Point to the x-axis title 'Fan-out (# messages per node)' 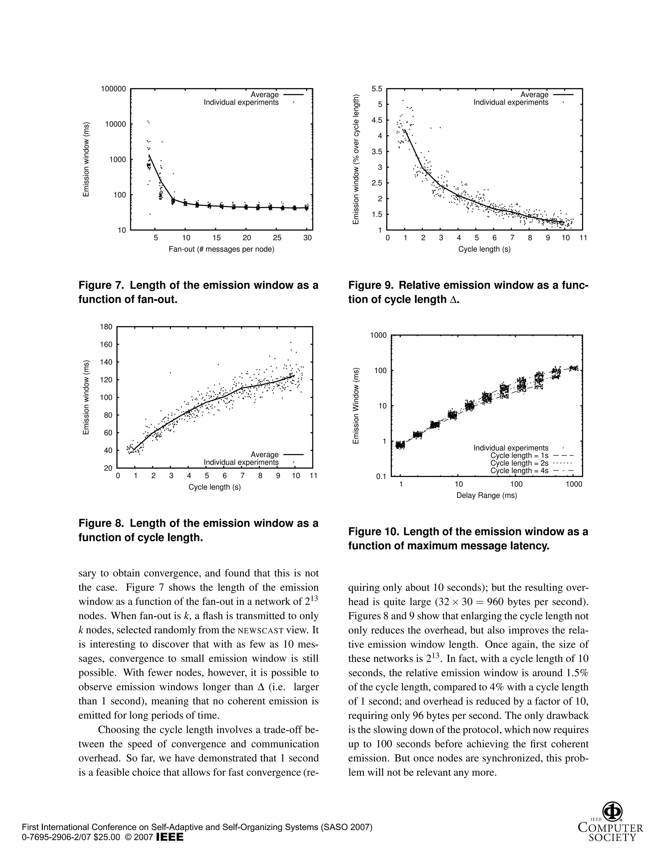(221, 249)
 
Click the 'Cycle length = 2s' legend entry (519, 463)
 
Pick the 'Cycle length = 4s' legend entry (519, 470)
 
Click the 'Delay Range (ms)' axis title (487, 495)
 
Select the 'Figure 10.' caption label (374, 532)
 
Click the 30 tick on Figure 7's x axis (307, 238)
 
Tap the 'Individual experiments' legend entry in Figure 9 (511, 102)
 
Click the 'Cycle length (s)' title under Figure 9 (484, 249)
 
